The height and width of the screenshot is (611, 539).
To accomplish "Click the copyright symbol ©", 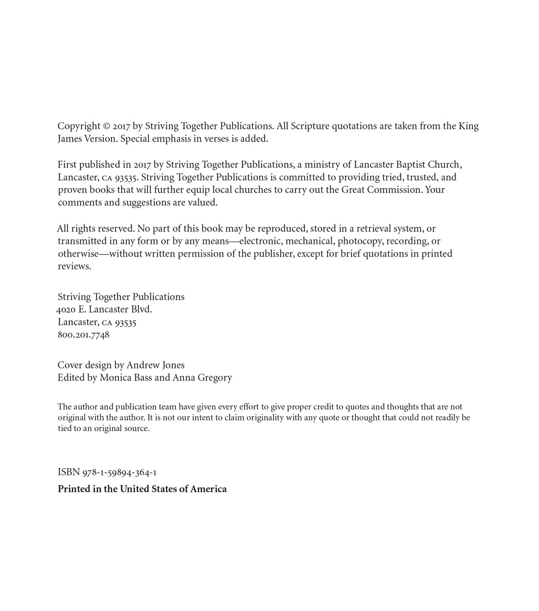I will click(x=106, y=126).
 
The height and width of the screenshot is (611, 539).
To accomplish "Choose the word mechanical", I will click(x=309, y=241).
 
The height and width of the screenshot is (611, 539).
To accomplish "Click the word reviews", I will click(x=74, y=266).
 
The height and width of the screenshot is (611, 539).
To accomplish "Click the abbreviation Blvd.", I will click(x=141, y=309).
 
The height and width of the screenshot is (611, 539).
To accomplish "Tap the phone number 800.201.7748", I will click(x=84, y=335).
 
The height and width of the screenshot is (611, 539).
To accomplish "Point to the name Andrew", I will click(x=143, y=365).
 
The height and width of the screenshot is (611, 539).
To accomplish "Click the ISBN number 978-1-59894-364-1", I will click(x=119, y=473).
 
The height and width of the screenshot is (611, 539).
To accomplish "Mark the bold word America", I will click(x=209, y=489).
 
